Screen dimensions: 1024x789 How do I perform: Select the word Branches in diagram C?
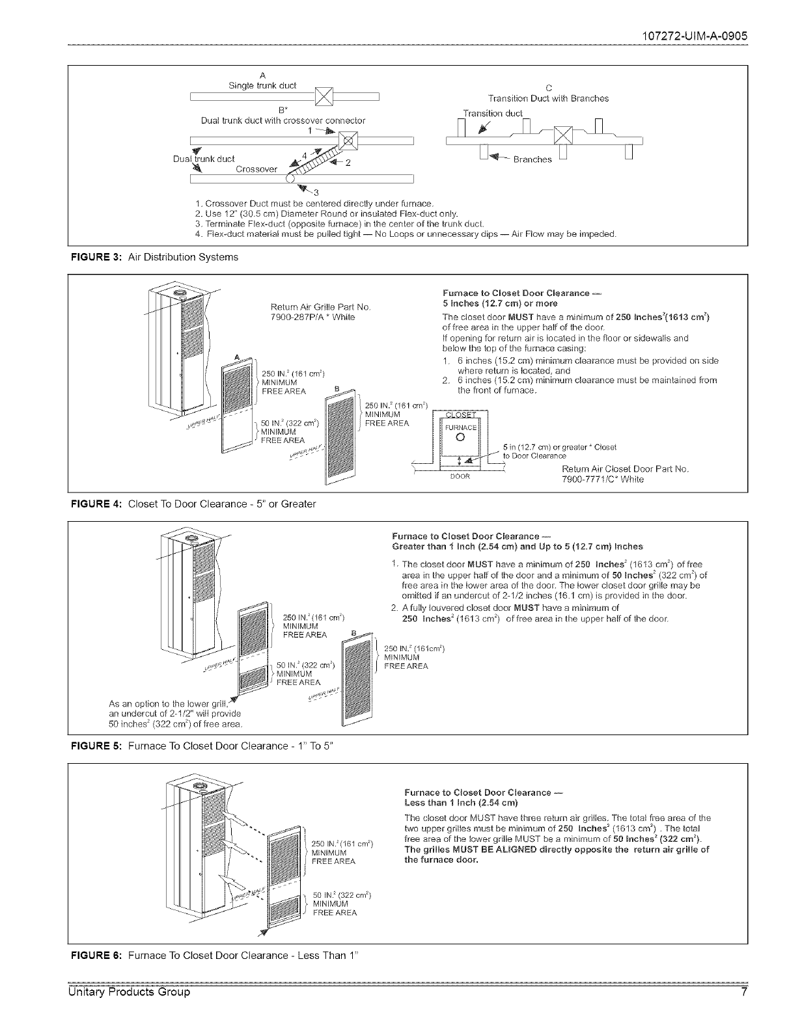point(533,159)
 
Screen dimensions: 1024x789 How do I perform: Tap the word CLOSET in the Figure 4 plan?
point(460,416)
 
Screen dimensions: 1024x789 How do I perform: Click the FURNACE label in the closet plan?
point(460,427)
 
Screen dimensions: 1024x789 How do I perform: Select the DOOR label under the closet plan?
point(460,476)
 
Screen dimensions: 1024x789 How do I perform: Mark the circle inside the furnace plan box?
point(460,437)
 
